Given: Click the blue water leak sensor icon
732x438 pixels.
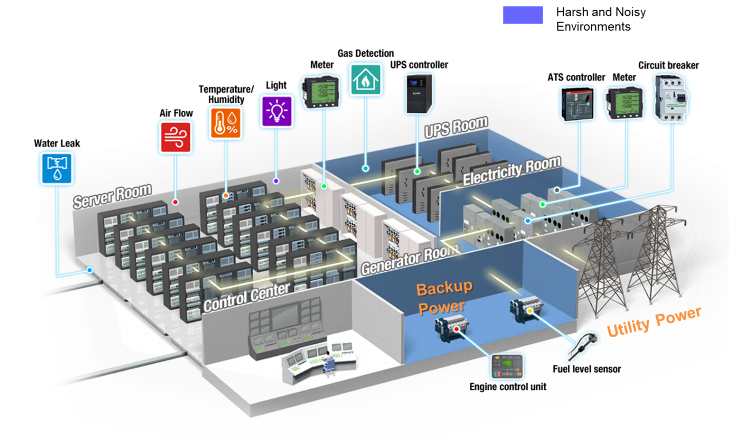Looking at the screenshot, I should (56, 168).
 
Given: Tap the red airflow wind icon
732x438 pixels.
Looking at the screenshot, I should (176, 137).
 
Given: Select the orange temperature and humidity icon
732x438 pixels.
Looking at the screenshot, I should (225, 122).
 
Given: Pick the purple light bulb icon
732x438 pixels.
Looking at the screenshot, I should (276, 110).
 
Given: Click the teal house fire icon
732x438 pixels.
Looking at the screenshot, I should (365, 78).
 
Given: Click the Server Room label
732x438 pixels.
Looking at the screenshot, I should (112, 195).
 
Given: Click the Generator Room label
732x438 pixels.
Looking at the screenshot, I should (410, 259).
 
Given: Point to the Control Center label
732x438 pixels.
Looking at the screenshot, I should (246, 297).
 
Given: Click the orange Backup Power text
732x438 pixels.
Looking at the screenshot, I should (443, 297).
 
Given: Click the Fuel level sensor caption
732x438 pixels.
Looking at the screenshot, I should (587, 369).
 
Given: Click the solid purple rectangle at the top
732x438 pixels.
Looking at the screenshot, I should (523, 15).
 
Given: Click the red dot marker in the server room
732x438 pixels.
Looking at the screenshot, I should (176, 202).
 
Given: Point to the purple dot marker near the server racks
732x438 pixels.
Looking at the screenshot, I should (276, 181).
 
